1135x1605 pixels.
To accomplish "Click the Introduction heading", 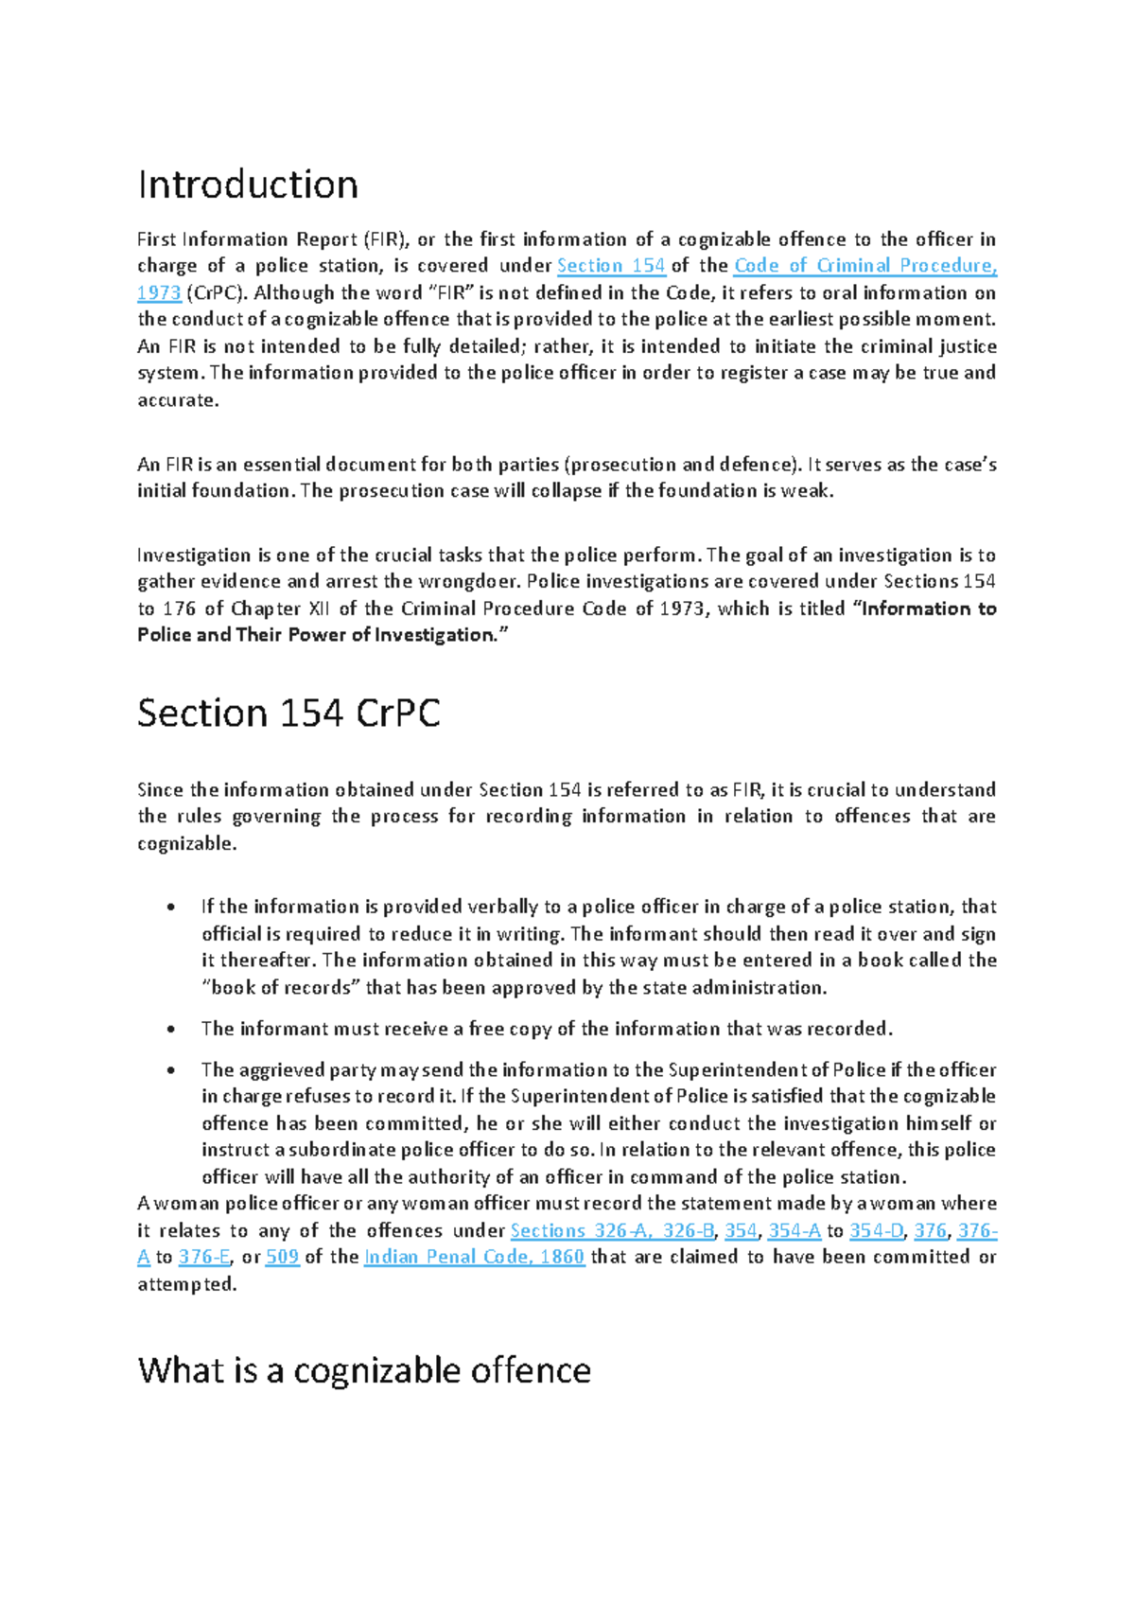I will point(248,185).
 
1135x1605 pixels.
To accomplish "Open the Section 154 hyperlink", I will point(611,266).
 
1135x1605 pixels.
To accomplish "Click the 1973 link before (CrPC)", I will point(159,293).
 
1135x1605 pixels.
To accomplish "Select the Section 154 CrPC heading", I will point(288,713).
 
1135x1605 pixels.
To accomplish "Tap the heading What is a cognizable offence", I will point(364,1370).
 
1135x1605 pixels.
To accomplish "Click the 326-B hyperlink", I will point(688,1231).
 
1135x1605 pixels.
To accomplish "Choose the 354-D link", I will point(877,1231).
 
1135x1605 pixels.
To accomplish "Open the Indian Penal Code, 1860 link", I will point(474,1258).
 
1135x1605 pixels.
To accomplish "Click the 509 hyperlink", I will point(282,1258).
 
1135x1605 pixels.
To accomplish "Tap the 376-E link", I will point(204,1258).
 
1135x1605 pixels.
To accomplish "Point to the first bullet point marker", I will point(171,908).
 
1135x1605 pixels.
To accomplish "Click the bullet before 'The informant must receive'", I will point(171,1030).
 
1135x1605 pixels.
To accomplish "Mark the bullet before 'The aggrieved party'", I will point(171,1071).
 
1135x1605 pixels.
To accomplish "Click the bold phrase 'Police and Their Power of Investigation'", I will point(317,635).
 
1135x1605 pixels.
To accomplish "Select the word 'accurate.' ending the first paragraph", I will point(178,400).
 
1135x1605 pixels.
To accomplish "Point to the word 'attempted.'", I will point(186,1285).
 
